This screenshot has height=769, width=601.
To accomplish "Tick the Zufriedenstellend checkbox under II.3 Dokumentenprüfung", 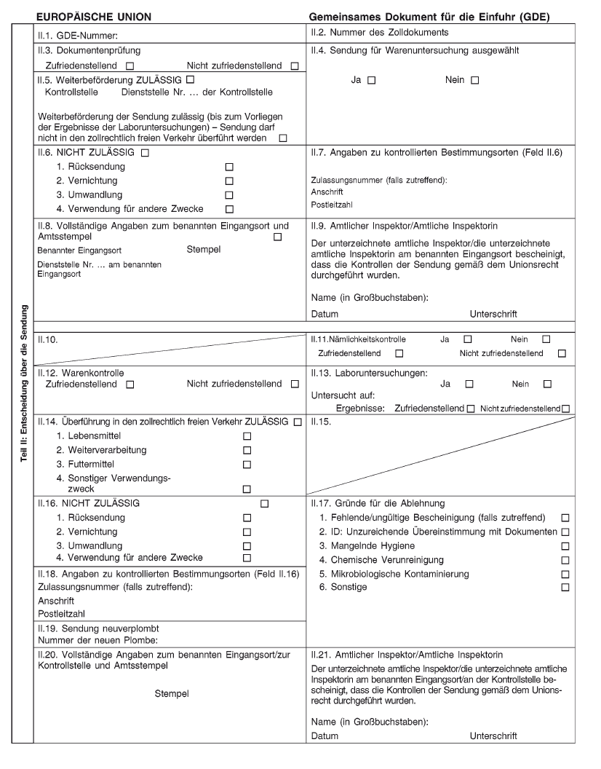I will [x=129, y=66].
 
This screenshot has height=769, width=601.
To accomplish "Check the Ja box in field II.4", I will [x=371, y=80].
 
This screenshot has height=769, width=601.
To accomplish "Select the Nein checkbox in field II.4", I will [x=475, y=80].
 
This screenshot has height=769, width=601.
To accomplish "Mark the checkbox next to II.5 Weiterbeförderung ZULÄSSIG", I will [x=190, y=79].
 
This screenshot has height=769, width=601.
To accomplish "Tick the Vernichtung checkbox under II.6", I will [x=229, y=181].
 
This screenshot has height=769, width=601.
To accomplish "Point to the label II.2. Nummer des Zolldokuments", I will [x=379, y=33].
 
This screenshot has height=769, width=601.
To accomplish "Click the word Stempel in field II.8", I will [x=204, y=250].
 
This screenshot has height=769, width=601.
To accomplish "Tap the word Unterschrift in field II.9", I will [x=493, y=314].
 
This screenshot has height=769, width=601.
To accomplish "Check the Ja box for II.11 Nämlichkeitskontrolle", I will [x=468, y=339].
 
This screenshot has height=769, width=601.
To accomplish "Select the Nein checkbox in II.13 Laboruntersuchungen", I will [x=547, y=384].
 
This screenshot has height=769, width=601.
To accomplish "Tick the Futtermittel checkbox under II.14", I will [x=247, y=464].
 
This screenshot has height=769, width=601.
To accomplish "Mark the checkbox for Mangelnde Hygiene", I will [x=565, y=546].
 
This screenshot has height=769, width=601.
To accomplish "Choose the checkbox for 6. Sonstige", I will [x=565, y=587].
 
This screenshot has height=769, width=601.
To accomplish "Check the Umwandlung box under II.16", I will [x=247, y=546].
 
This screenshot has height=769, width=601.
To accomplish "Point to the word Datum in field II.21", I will [x=325, y=736].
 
